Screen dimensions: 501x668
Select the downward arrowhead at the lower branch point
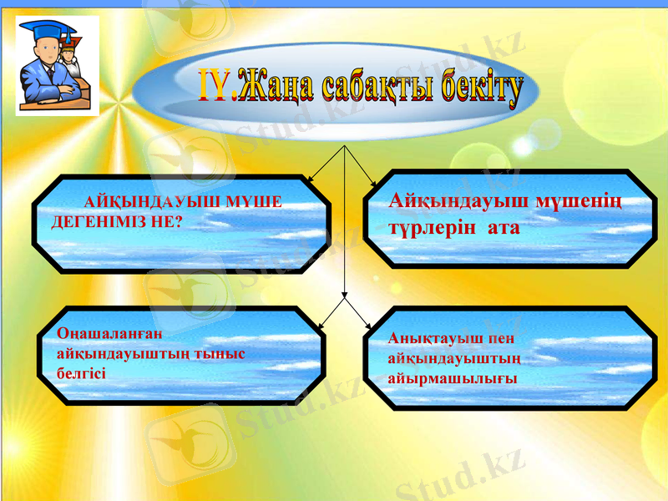click(344, 295)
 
